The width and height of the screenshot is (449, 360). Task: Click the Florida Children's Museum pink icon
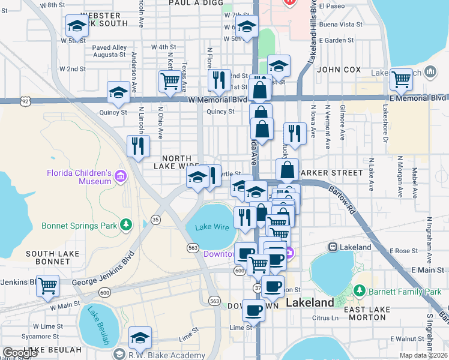tap(121, 176)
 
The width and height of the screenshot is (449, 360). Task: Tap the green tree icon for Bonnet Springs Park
tap(125, 225)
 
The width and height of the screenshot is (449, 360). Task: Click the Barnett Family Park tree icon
tap(359, 291)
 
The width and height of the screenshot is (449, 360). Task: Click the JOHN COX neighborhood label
tap(339, 70)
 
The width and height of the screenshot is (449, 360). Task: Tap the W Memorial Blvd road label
tap(217, 100)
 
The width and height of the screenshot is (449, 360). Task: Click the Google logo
tap(20, 353)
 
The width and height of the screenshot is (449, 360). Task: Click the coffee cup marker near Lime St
tap(253, 310)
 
